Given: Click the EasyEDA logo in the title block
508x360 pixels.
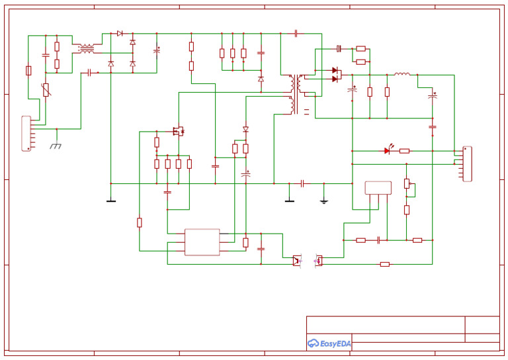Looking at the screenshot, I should pyautogui.click(x=329, y=343).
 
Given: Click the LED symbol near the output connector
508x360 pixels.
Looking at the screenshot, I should pyautogui.click(x=387, y=151).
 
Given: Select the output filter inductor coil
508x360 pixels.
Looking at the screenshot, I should pyautogui.click(x=402, y=74).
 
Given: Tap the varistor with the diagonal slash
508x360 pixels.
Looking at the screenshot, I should pyautogui.click(x=46, y=90).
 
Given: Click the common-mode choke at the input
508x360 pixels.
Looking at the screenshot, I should pyautogui.click(x=87, y=48).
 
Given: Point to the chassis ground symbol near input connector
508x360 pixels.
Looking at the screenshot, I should pyautogui.click(x=56, y=145).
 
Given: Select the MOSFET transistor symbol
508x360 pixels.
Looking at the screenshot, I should pyautogui.click(x=178, y=130).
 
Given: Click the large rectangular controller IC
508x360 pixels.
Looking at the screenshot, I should pyautogui.click(x=202, y=242).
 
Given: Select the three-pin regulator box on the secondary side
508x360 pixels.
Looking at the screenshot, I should pyautogui.click(x=378, y=187).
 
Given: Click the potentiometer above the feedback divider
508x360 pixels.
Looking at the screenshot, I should pyautogui.click(x=407, y=184).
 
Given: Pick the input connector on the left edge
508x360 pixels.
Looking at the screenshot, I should pyautogui.click(x=26, y=134).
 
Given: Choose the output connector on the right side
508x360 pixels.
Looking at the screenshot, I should pyautogui.click(x=467, y=163).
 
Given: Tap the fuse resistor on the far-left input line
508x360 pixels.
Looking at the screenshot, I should pyautogui.click(x=28, y=70).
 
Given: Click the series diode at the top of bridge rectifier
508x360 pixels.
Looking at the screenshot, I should pyautogui.click(x=120, y=33).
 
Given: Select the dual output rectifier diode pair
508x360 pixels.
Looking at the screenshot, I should pyautogui.click(x=335, y=74).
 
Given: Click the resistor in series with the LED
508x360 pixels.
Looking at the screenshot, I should pyautogui.click(x=404, y=151).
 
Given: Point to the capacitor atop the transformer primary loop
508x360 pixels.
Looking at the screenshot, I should pyautogui.click(x=296, y=33).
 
